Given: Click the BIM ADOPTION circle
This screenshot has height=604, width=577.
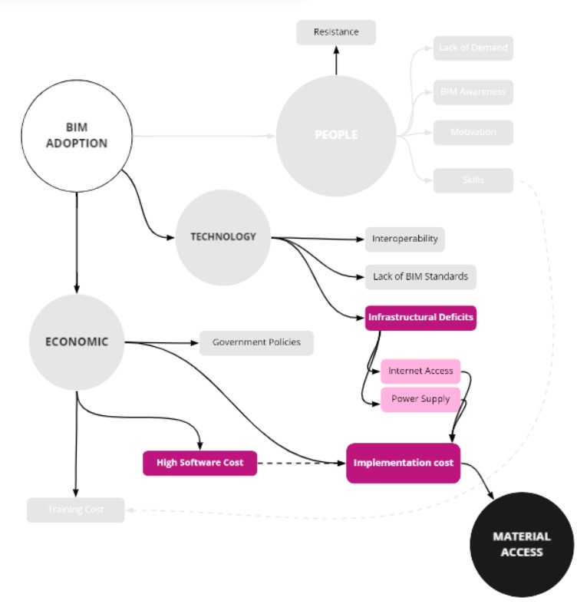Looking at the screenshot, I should pyautogui.click(x=76, y=137).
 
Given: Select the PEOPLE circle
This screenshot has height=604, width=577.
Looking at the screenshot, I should pyautogui.click(x=336, y=135).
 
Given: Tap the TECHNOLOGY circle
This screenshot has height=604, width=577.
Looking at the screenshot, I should pyautogui.click(x=223, y=237).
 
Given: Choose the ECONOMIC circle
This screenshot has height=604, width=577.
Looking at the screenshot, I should pyautogui.click(x=76, y=342).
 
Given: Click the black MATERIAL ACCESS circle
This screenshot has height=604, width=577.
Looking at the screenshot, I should pyautogui.click(x=522, y=544).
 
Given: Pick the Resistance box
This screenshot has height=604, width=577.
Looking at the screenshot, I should pyautogui.click(x=336, y=32).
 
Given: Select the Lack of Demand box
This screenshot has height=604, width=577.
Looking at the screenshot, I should pyautogui.click(x=473, y=48).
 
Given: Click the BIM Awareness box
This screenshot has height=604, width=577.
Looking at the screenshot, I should pyautogui.click(x=473, y=91).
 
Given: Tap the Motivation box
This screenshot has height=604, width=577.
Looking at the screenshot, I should pyautogui.click(x=473, y=132).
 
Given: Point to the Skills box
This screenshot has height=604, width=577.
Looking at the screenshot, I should pyautogui.click(x=473, y=180).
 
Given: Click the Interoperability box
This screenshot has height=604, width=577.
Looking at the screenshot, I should pyautogui.click(x=404, y=239).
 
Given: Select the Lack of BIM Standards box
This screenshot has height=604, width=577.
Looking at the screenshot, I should pyautogui.click(x=420, y=276).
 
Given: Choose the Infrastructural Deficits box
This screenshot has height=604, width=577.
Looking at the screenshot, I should pyautogui.click(x=420, y=317).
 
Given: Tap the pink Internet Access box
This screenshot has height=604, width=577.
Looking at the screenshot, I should pyautogui.click(x=420, y=371).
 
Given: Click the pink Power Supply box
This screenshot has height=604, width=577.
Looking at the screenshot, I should pyautogui.click(x=420, y=399).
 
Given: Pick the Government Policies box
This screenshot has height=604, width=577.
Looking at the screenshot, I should pyautogui.click(x=256, y=342).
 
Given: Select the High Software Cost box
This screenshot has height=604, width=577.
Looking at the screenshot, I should pyautogui.click(x=199, y=463).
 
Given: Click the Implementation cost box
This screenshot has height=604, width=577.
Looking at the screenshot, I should pyautogui.click(x=403, y=463).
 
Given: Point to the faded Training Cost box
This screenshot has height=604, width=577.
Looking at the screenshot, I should pyautogui.click(x=75, y=510).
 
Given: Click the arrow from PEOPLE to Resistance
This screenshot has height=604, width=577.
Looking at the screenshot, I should pyautogui.click(x=336, y=60).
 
